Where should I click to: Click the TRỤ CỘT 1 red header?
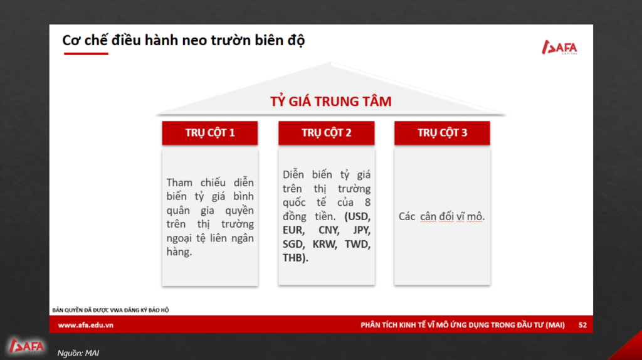click(x=209, y=133)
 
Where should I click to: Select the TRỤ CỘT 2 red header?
click(x=326, y=133)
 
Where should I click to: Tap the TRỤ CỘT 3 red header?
click(x=442, y=133)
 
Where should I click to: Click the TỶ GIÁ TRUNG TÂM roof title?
click(x=331, y=101)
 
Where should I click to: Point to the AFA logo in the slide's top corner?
click(x=559, y=47)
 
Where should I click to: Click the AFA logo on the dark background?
click(x=26, y=346)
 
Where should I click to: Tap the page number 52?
click(x=582, y=325)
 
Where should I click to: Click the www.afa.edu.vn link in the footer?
click(x=85, y=325)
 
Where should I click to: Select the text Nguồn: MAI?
click(x=78, y=353)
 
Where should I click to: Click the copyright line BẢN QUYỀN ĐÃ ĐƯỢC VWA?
click(x=110, y=310)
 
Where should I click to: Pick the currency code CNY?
click(x=329, y=230)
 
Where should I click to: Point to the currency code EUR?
click(x=293, y=230)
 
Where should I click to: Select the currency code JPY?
click(x=362, y=230)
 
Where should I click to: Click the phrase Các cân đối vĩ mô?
click(x=442, y=216)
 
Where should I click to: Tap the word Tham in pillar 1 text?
click(x=179, y=183)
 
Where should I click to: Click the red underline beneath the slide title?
click(x=86, y=53)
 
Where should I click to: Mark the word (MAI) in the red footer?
click(x=555, y=325)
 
